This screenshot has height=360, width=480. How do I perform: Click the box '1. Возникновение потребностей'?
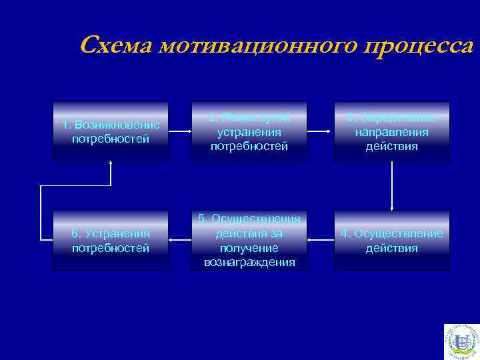[x=111, y=131]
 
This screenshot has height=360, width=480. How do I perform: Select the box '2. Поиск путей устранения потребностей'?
[x=249, y=131]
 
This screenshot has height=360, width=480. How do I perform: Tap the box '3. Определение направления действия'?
[x=391, y=131]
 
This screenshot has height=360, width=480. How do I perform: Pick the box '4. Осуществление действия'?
[x=391, y=241]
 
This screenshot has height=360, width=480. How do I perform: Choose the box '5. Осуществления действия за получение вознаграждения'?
[x=249, y=241]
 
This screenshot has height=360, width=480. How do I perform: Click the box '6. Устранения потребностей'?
[x=111, y=241]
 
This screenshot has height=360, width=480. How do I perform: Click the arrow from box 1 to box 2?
[x=180, y=132]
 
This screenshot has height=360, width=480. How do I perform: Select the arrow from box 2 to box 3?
[x=321, y=132]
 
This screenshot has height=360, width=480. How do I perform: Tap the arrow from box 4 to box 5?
[x=321, y=237]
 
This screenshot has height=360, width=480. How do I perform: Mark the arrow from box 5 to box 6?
[x=180, y=238]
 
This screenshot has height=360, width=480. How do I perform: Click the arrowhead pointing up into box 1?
[x=111, y=165]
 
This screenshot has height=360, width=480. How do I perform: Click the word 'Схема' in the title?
[x=115, y=46]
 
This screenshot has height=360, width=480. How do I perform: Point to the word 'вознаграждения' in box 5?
[x=249, y=262]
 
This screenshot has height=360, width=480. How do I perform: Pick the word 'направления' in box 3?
[x=391, y=132]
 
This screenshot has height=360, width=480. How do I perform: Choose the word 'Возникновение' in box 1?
[x=117, y=125]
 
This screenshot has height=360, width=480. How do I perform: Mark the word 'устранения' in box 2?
[x=249, y=132]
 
